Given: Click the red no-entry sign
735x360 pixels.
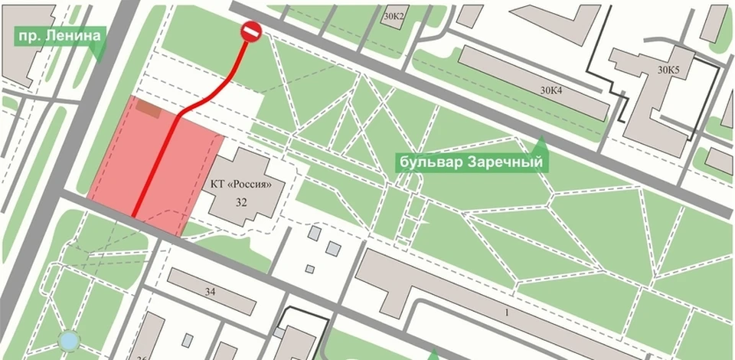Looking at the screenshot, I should (251, 31).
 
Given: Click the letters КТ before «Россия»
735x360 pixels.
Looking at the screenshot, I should (219, 185).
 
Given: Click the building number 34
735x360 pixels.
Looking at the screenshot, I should (211, 292).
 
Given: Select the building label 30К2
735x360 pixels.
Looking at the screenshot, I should (395, 15).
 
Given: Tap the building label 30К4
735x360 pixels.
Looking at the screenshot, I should (551, 90).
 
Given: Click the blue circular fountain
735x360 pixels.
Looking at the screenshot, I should (70, 339).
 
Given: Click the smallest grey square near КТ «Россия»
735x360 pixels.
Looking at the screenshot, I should (309, 269).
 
